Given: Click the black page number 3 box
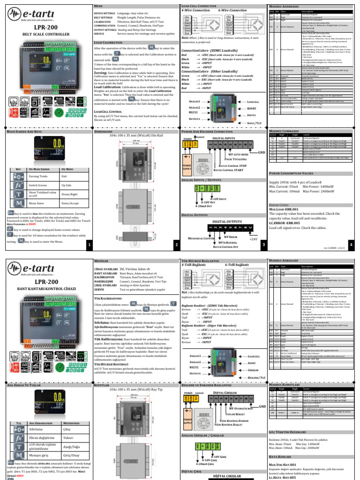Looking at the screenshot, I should [x=263, y=244].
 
